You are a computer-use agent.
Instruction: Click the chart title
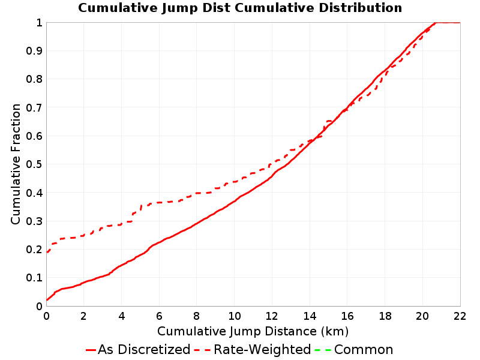(240, 8)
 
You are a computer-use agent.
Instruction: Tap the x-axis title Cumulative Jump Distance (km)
(253, 331)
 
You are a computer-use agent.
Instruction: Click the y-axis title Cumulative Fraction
(16, 164)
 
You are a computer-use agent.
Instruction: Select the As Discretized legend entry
(138, 349)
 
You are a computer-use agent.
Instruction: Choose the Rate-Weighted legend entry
(253, 349)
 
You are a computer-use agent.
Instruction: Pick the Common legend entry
(354, 349)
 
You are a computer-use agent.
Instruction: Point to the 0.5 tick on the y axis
(34, 164)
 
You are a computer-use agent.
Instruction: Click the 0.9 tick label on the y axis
(34, 51)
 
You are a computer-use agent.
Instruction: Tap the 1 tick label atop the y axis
(39, 23)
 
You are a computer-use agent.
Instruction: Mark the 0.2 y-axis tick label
(34, 250)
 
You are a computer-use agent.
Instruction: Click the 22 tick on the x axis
(460, 316)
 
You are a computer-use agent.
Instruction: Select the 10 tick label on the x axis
(235, 316)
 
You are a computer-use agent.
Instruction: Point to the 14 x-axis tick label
(310, 316)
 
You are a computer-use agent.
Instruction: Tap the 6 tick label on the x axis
(159, 316)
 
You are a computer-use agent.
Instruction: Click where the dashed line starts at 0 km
(47, 252)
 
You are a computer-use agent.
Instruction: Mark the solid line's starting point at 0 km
(47, 300)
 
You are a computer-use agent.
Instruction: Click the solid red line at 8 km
(197, 223)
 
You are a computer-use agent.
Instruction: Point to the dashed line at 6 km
(159, 203)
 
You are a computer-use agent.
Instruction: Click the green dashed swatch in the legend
(323, 350)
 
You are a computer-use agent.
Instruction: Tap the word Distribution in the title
(361, 8)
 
